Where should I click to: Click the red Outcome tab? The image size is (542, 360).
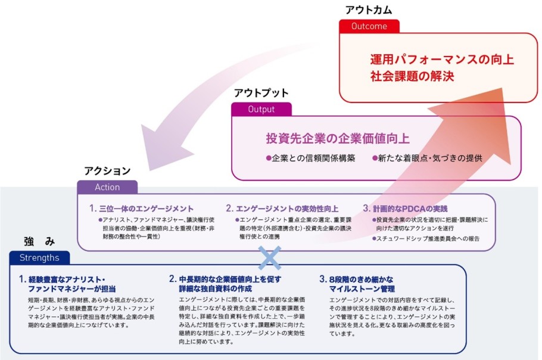[x=369, y=26]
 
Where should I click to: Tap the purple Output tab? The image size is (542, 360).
[x=261, y=109]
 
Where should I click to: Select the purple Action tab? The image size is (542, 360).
[x=107, y=187]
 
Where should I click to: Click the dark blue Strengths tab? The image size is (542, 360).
[x=39, y=257]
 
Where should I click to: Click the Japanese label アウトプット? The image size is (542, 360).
[x=261, y=93]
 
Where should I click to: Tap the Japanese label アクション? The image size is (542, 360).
[x=107, y=171]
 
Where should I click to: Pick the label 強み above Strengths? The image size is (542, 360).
[x=39, y=241]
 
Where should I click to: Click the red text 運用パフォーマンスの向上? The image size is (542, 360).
[x=441, y=59]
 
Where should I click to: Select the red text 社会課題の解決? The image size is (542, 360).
[x=412, y=76]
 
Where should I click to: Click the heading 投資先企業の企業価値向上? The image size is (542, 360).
[x=337, y=138]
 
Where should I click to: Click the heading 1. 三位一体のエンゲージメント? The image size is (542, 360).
[x=142, y=209]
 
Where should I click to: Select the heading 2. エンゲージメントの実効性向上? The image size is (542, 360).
[x=282, y=209]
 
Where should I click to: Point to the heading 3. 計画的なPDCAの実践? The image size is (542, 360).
[x=404, y=209]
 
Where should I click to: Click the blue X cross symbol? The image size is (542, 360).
[x=269, y=257]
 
